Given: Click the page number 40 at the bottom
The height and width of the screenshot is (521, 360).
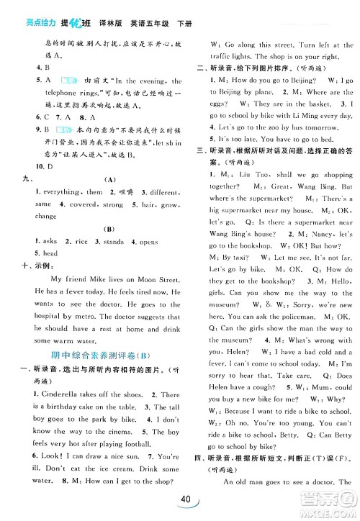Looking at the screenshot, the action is pyautogui.click(x=186, y=500).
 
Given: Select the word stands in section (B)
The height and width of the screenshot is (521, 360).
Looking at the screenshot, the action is pyautogui.click(x=114, y=243).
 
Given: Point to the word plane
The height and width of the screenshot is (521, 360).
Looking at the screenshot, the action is pyautogui.click(x=270, y=91).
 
